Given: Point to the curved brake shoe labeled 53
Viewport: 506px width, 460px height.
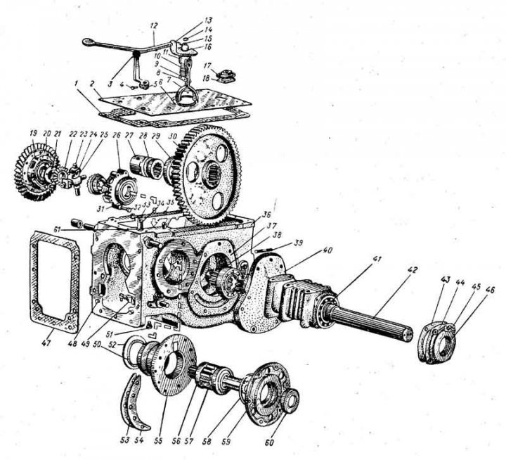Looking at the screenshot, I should click(x=134, y=401).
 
